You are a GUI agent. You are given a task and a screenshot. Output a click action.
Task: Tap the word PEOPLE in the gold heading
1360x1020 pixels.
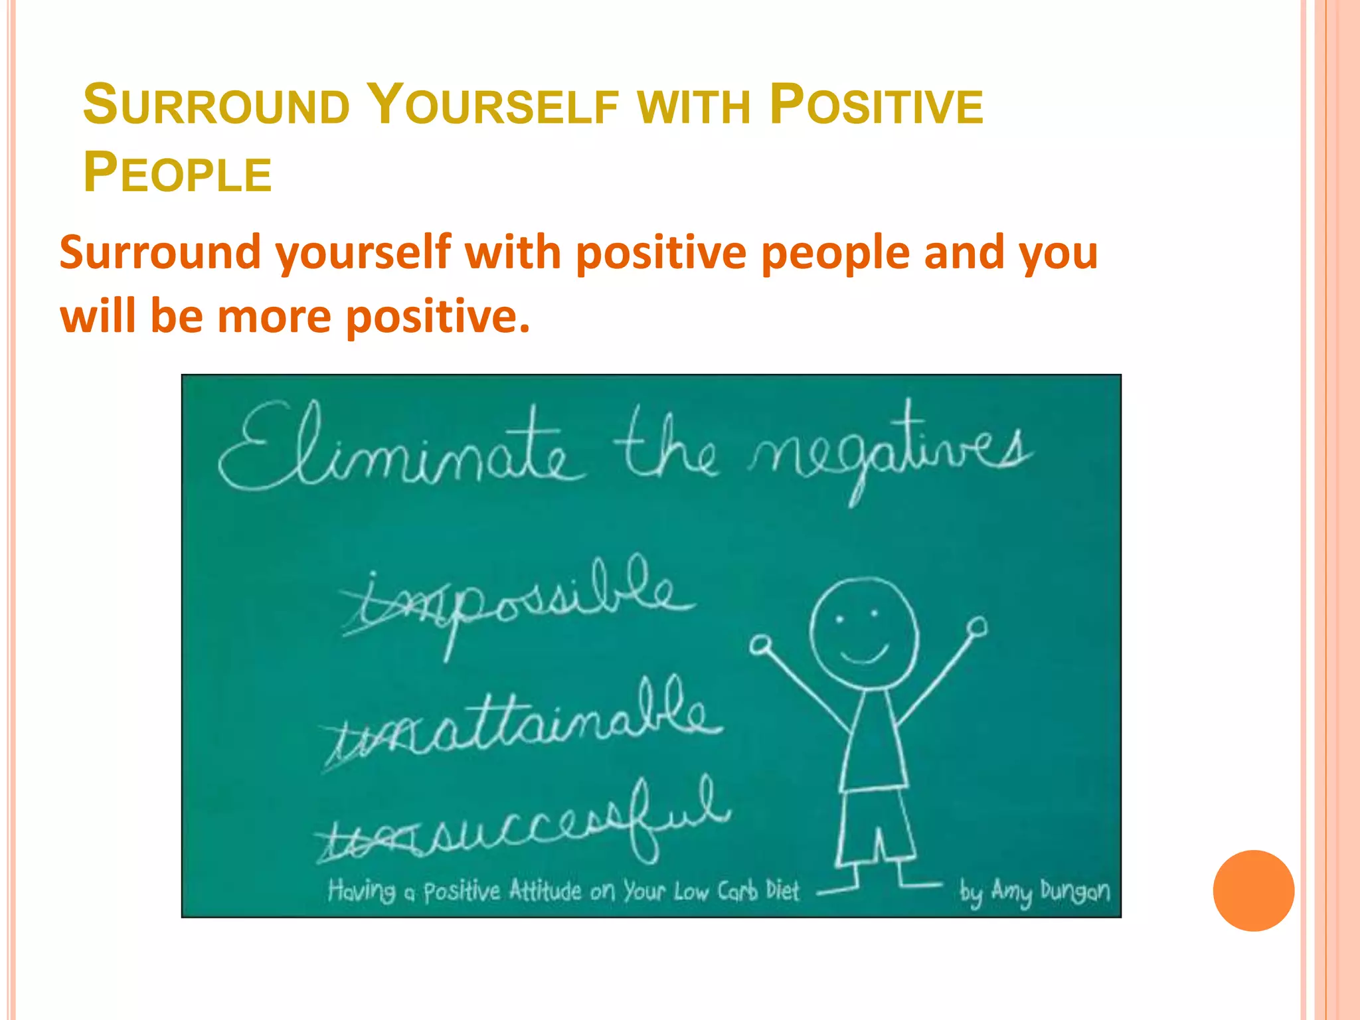(x=177, y=173)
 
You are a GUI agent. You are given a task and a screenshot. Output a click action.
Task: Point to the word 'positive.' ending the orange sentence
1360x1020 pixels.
(x=438, y=317)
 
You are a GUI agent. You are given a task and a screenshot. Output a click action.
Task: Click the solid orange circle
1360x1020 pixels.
(x=1253, y=891)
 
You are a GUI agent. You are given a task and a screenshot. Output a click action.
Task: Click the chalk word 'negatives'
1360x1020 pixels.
(x=890, y=452)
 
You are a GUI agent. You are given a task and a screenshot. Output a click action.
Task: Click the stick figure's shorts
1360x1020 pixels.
(x=875, y=827)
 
